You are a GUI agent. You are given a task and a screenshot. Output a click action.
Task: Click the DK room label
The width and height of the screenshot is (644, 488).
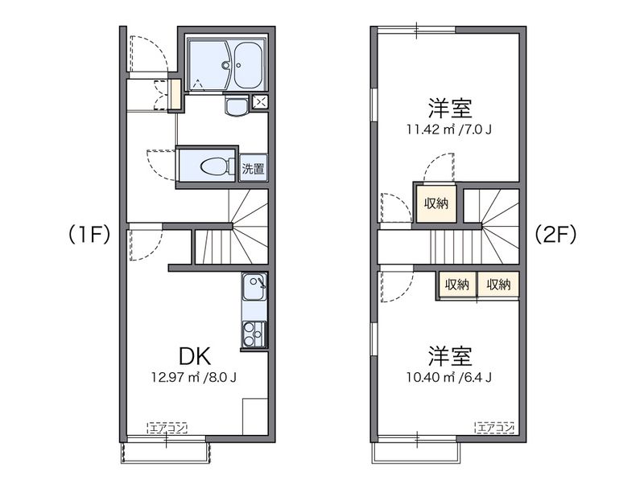195,356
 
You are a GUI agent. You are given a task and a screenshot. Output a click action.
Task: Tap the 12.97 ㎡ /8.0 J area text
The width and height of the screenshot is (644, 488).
194,377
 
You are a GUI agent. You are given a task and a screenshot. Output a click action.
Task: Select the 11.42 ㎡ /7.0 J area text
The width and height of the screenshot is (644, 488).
449,129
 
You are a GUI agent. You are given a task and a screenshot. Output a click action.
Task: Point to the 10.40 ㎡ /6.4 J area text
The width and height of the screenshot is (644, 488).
449,377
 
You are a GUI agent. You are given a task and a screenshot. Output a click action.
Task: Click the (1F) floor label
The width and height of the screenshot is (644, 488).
89,235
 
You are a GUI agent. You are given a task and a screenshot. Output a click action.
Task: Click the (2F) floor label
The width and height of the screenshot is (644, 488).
555,235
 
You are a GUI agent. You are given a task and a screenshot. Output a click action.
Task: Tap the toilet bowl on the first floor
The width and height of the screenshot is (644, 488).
214,166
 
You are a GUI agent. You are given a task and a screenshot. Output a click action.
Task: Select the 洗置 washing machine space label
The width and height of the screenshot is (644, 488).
253,168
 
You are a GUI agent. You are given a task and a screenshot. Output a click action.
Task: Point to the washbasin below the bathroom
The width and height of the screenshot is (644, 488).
236,106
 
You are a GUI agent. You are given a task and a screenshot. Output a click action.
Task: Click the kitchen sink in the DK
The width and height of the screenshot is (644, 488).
254,287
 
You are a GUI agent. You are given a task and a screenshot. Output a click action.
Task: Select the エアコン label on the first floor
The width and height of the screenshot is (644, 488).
167,429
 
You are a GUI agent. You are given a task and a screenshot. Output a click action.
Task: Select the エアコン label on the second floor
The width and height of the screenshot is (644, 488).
495,428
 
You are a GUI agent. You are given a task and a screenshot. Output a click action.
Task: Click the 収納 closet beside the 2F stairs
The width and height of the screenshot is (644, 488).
436,203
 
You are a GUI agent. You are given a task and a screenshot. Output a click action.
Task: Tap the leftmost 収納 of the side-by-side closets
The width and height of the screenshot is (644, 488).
457,284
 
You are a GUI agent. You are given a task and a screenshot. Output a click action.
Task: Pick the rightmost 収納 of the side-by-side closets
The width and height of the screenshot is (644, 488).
498,284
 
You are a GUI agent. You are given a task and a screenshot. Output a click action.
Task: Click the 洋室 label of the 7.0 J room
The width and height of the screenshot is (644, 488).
450,108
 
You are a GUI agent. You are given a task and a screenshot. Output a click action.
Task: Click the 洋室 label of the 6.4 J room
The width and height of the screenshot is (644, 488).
450,355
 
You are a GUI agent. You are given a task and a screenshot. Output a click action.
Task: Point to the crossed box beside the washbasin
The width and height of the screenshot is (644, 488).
260,101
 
